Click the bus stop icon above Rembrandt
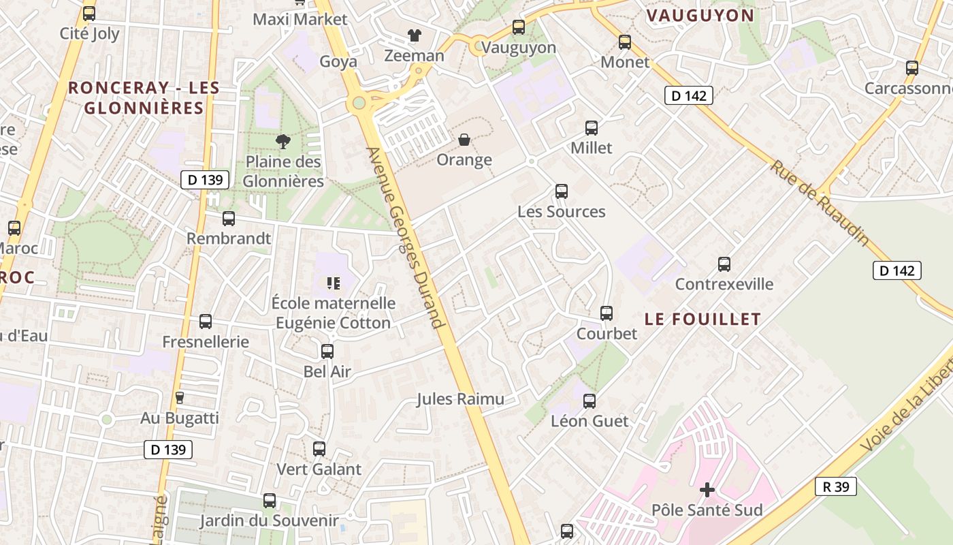coord(229,219)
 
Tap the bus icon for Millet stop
coord(592,128)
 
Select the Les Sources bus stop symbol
coord(562,191)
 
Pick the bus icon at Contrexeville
coord(724,264)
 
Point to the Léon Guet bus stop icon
coord(589,401)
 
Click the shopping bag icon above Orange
coord(464,140)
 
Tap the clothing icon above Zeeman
coord(414,35)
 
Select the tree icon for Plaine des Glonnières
coord(283,142)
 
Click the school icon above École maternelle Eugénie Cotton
coord(333,283)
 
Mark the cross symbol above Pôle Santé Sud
coord(707,490)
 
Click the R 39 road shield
coord(835,486)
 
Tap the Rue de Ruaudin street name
coord(820,203)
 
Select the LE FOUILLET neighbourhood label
coord(702,319)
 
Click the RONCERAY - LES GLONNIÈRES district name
coord(144,97)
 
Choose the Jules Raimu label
coord(461,399)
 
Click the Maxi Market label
coord(300,19)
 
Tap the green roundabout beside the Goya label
coord(358,104)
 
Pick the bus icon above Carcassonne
coord(912,68)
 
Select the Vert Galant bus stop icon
coord(319,449)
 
